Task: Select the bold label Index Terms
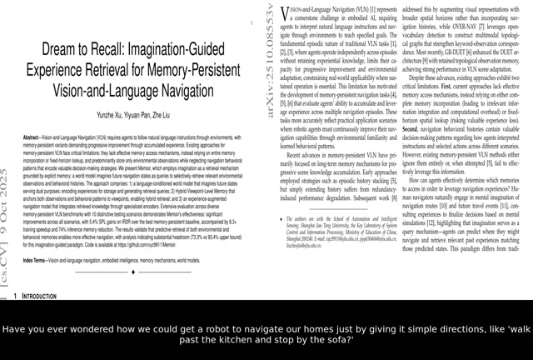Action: pos(34,260)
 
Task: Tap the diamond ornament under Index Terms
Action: pos(133,272)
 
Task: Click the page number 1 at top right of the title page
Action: pos(252,23)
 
